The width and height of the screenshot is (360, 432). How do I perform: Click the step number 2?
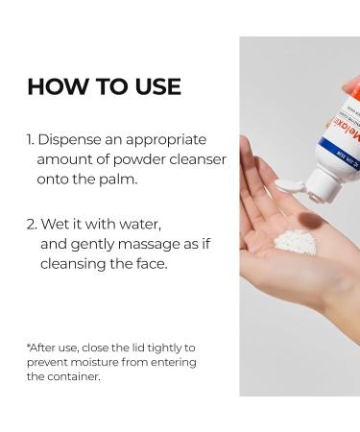(32, 225)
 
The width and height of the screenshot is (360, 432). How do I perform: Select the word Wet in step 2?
(54, 225)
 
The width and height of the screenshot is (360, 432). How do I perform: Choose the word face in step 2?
(150, 264)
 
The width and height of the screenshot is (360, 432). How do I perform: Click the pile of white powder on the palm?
(295, 241)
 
